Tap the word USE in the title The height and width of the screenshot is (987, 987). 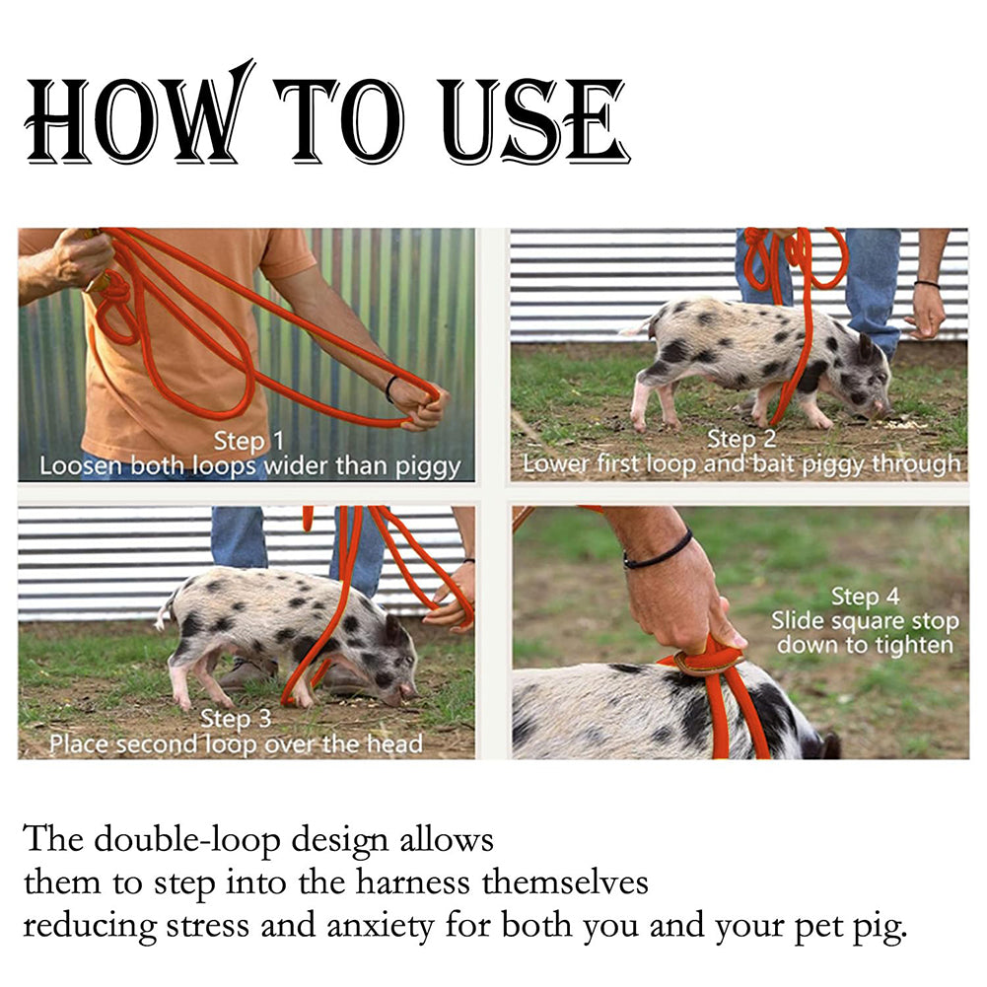[x=534, y=121]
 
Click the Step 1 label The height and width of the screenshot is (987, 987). [x=248, y=442]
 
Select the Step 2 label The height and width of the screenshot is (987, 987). [x=741, y=439]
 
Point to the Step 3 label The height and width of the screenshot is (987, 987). [x=236, y=718]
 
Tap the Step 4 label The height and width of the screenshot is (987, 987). [x=866, y=597]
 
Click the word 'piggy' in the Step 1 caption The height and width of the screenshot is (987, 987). [x=428, y=467]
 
